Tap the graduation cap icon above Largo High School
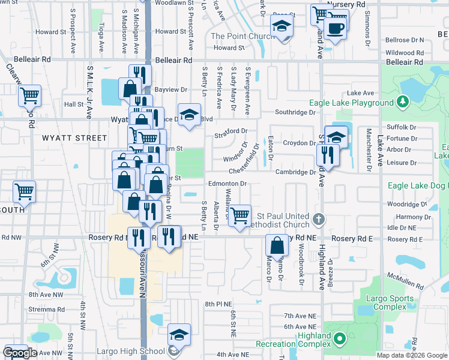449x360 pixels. click(179, 335)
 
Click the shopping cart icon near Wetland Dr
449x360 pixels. click(240, 215)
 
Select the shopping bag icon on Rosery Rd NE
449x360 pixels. click(277, 245)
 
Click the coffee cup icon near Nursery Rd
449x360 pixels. click(336, 28)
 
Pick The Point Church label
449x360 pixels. click(243, 36)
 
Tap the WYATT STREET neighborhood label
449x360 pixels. click(74, 138)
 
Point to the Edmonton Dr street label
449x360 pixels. click(228, 184)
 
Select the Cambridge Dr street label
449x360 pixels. click(295, 172)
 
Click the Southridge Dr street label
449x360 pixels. click(295, 112)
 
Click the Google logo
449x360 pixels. click(20, 353)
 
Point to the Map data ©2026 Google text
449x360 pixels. click(411, 355)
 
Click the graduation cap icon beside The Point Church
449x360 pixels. click(281, 27)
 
